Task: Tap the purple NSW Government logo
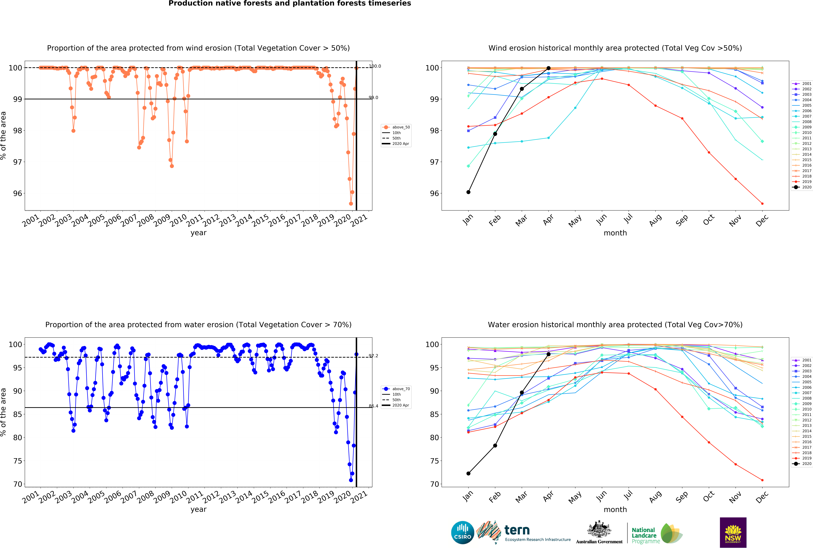(x=733, y=532)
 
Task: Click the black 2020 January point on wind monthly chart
(x=468, y=192)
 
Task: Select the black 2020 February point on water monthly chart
(x=495, y=446)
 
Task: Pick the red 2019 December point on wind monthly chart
(x=762, y=204)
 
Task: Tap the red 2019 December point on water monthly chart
(x=762, y=480)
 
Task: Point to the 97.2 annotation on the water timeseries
(x=373, y=356)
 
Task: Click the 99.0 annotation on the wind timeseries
(x=373, y=98)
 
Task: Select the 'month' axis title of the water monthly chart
(x=615, y=510)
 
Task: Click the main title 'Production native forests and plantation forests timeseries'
(x=290, y=3)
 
